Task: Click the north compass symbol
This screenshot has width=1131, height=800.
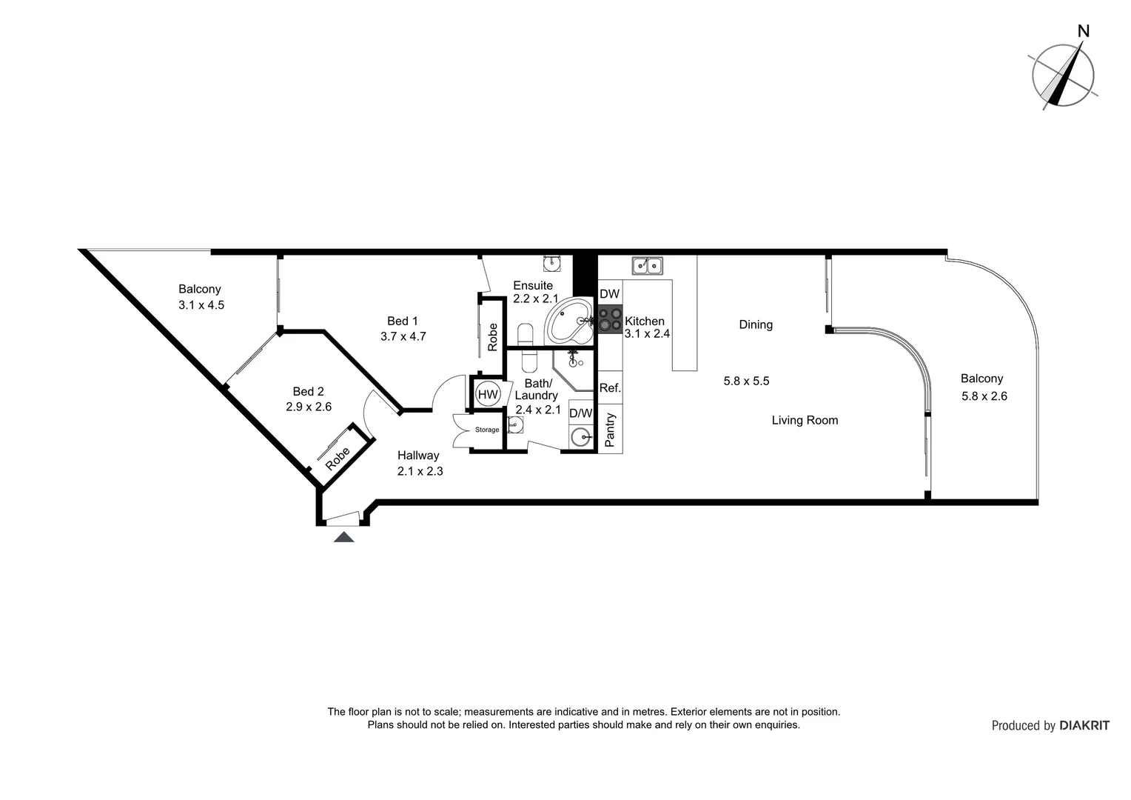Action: (1064, 74)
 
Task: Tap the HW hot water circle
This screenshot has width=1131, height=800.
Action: (488, 394)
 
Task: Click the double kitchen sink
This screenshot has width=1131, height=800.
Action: (648, 264)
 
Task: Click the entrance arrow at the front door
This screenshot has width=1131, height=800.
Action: (343, 536)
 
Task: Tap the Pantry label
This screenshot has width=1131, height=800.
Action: (611, 430)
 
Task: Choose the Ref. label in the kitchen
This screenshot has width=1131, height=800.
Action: (610, 387)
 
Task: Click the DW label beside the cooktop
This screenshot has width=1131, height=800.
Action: (609, 294)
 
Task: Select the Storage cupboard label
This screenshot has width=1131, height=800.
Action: (487, 430)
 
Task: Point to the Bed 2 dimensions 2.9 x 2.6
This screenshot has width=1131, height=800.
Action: (309, 407)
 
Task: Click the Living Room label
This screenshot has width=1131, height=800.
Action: (805, 420)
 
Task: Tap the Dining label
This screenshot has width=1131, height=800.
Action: (755, 324)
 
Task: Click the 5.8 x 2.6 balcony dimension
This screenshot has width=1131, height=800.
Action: (984, 396)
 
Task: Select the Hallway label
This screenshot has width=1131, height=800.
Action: (418, 456)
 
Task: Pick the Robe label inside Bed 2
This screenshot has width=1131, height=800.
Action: (338, 459)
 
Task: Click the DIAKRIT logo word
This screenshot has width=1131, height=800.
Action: (1084, 725)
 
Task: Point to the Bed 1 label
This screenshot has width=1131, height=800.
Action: (403, 321)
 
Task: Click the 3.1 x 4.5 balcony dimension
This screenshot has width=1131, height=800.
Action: (201, 304)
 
